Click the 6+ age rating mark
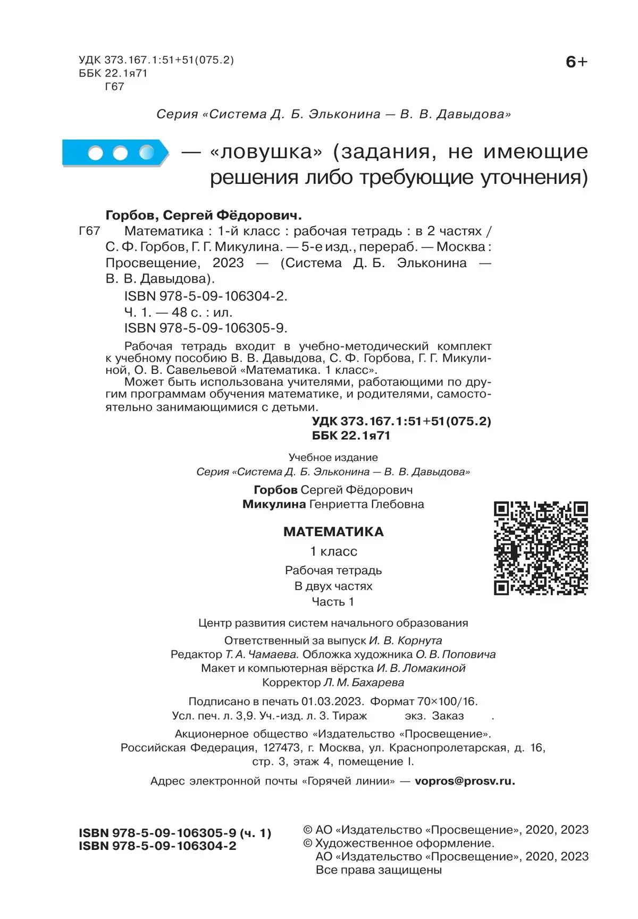576,62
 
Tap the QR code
541,548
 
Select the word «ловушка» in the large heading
267,152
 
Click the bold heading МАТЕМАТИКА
333,532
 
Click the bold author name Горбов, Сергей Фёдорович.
204,215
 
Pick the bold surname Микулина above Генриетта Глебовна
274,504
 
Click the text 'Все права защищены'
379,870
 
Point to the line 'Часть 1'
333,602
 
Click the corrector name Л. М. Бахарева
364,683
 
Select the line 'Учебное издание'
333,457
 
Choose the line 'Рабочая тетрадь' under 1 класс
333,571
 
